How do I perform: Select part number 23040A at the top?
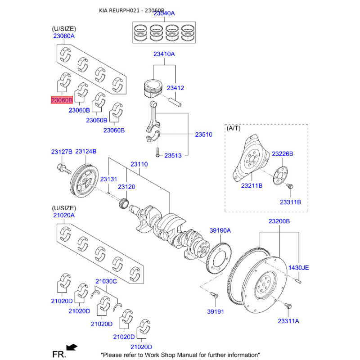pyautogui.click(x=164, y=14)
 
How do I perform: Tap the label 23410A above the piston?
pyautogui.click(x=164, y=54)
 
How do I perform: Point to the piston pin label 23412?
pyautogui.click(x=175, y=88)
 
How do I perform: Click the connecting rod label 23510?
pyautogui.click(x=203, y=135)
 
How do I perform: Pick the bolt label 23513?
pyautogui.click(x=173, y=156)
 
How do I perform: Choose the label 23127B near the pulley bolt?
pyautogui.click(x=61, y=152)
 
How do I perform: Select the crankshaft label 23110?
pyautogui.click(x=139, y=165)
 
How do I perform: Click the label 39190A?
pyautogui.click(x=220, y=230)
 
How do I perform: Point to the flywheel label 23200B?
pyautogui.click(x=279, y=221)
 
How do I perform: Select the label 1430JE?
pyautogui.click(x=299, y=267)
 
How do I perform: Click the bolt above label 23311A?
pyautogui.click(x=289, y=306)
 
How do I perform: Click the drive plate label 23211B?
pyautogui.click(x=252, y=185)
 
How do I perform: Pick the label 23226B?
pyautogui.click(x=283, y=154)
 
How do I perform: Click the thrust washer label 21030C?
pyautogui.click(x=106, y=282)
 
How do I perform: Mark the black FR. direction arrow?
pyautogui.click(x=71, y=347)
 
